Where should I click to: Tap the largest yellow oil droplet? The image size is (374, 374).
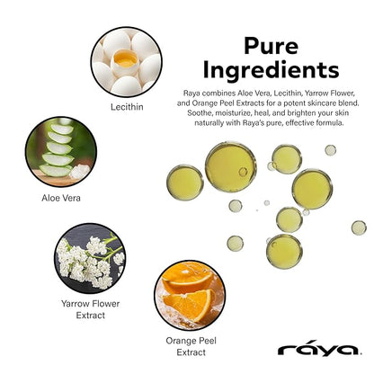click(230, 163)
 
